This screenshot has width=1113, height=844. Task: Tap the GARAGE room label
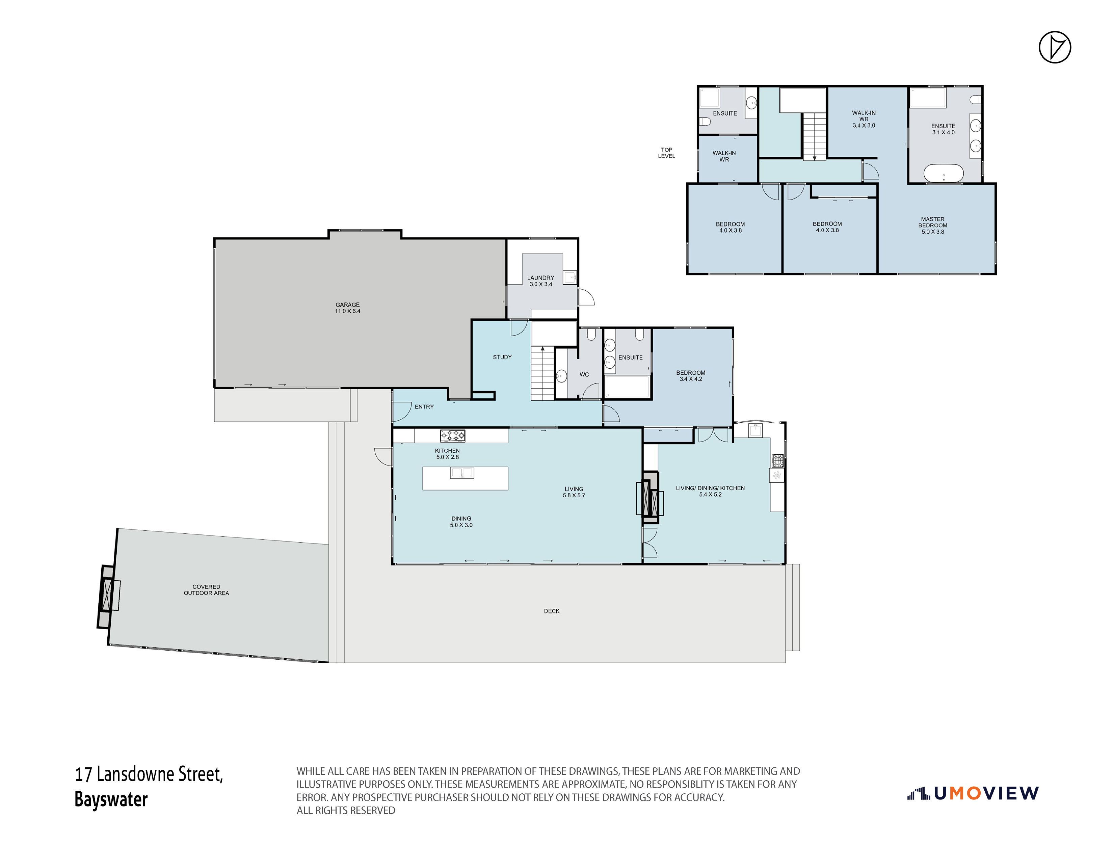tap(348, 308)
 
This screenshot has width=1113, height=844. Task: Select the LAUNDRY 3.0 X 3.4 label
tap(540, 281)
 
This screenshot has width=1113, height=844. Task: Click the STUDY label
tap(502, 357)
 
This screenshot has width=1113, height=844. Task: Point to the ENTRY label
tap(424, 407)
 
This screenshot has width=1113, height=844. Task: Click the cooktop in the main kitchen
tap(452, 436)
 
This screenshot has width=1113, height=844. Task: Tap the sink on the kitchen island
tap(462, 473)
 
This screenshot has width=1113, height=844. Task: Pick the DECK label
tap(552, 611)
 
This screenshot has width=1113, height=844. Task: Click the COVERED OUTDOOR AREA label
tap(206, 590)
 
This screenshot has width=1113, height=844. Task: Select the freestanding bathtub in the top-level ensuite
tap(944, 173)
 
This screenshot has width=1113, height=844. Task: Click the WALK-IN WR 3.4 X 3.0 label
tap(864, 119)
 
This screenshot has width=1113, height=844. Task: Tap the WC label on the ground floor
tap(584, 374)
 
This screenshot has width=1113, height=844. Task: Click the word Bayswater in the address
tap(111, 799)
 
